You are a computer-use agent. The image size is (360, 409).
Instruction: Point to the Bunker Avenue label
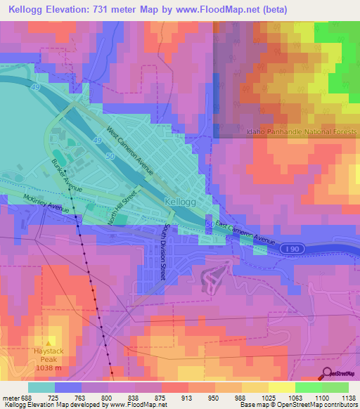tap(67, 175)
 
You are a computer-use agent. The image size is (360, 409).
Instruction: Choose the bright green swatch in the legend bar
tap(308, 387)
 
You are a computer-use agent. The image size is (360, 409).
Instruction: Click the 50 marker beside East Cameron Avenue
tap(211, 224)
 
